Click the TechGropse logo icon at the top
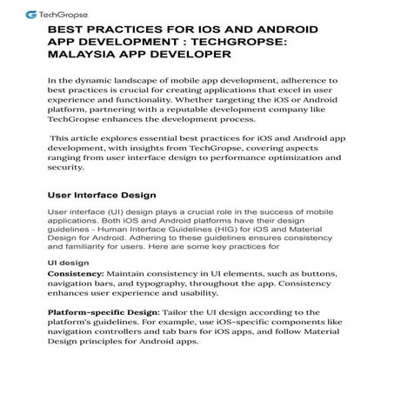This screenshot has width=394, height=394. (x=32, y=15)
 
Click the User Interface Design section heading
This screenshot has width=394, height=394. (x=104, y=195)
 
